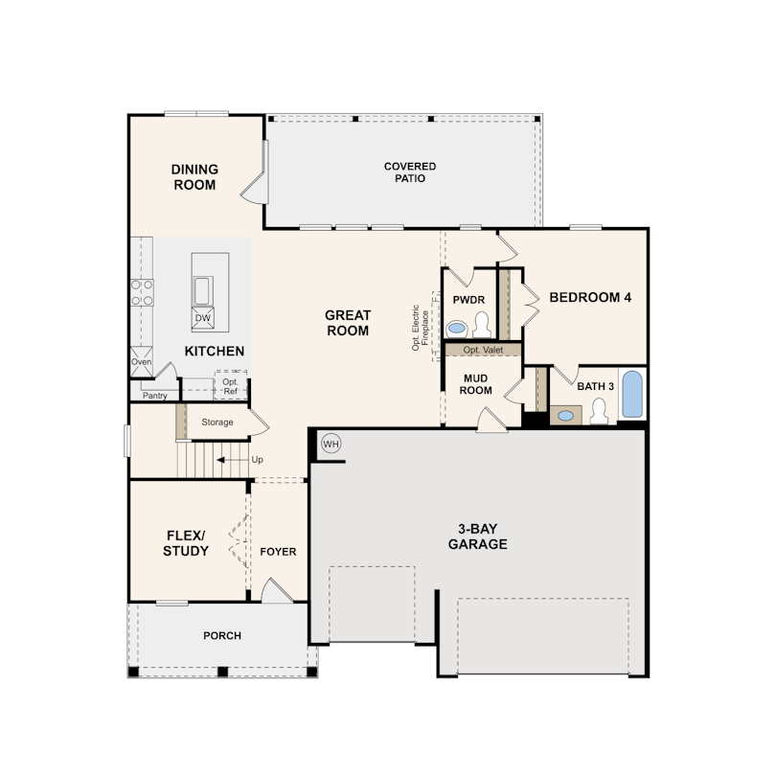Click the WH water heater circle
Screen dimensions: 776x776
(x=331, y=444)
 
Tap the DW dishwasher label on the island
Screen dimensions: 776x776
(x=203, y=318)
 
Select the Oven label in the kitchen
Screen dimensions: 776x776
(x=141, y=362)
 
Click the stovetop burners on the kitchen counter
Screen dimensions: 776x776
(x=142, y=293)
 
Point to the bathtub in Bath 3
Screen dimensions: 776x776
(x=632, y=394)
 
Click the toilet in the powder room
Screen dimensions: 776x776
(x=481, y=325)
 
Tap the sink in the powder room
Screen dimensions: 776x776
(x=456, y=328)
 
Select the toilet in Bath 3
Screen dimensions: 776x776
(x=599, y=411)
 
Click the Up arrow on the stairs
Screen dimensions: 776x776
(x=233, y=460)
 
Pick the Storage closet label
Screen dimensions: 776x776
(x=217, y=422)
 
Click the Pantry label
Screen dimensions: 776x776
(x=155, y=396)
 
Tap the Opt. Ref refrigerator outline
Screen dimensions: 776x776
(x=231, y=385)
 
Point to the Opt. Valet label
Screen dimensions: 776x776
(x=483, y=350)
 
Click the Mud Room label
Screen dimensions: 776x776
(x=475, y=384)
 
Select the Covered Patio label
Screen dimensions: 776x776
(x=410, y=172)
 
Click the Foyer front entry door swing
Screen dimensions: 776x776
(x=277, y=590)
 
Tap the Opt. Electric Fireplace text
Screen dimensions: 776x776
(x=421, y=328)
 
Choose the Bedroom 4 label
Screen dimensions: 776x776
(x=590, y=297)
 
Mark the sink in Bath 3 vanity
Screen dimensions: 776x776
(x=565, y=416)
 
